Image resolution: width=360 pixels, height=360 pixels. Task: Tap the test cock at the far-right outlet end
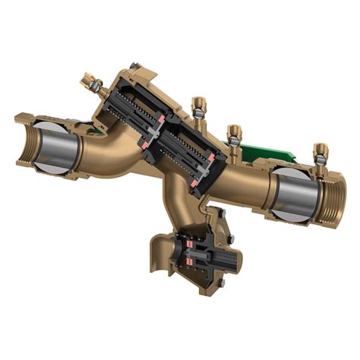coord(321,152)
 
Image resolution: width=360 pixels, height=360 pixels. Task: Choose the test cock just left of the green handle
coord(235,135)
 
